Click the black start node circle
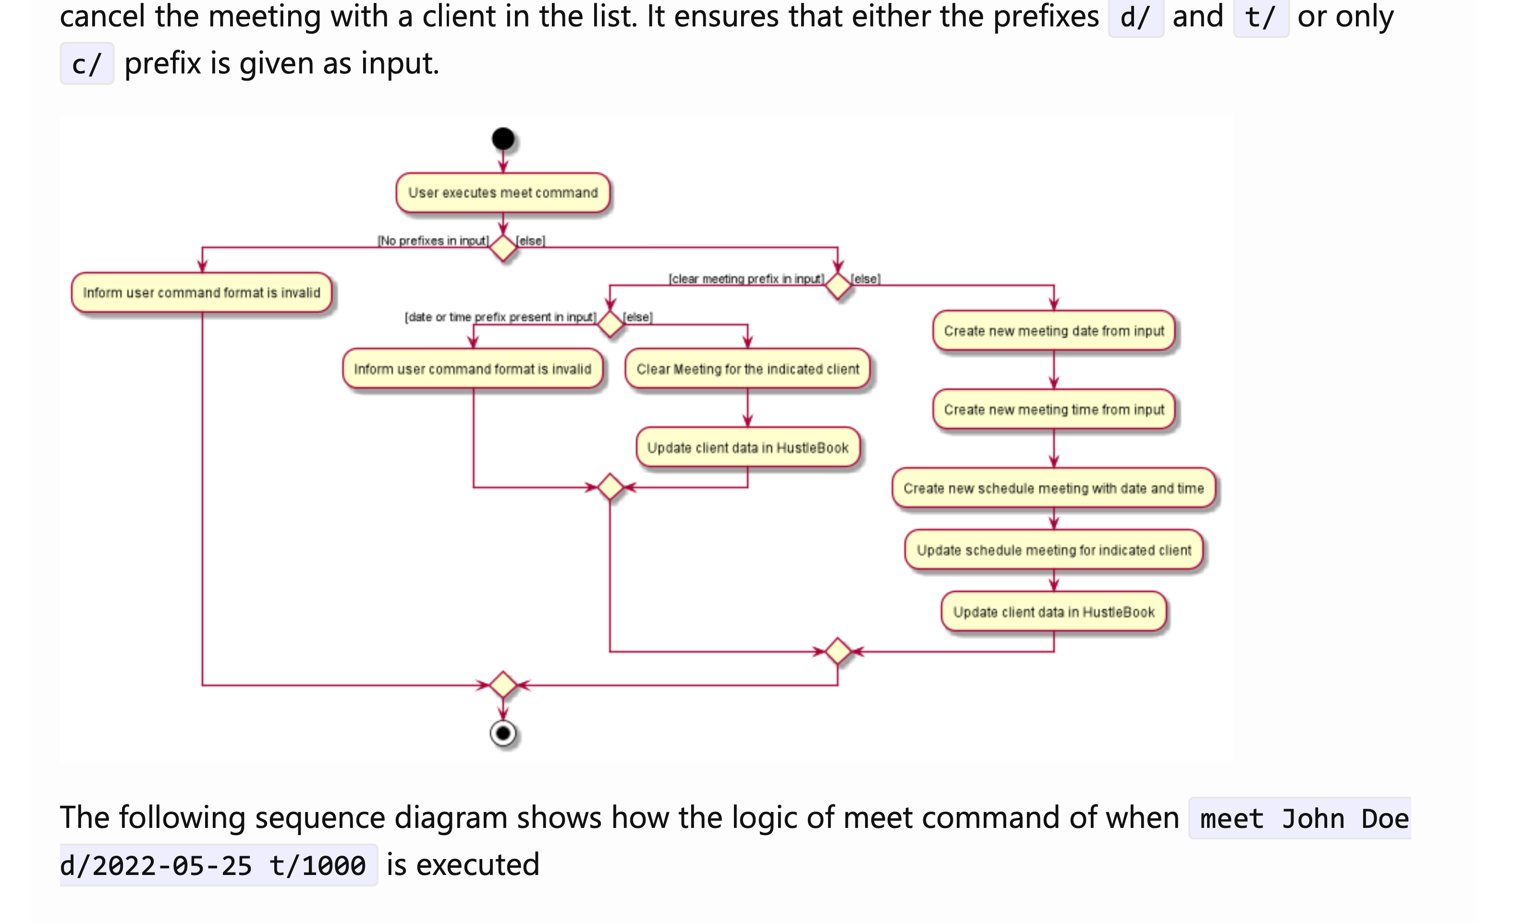[x=503, y=139]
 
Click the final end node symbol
[x=503, y=733]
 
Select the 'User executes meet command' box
[x=503, y=193]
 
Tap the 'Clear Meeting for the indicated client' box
[x=747, y=369]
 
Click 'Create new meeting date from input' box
[x=1054, y=331]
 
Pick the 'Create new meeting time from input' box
[x=1054, y=410]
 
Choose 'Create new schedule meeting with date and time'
[x=1054, y=488]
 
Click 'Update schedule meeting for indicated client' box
[x=1054, y=550]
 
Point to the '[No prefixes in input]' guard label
[x=433, y=241]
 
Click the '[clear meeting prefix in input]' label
[x=746, y=279]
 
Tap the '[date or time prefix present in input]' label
[x=500, y=317]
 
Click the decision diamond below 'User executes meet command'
[x=503, y=248]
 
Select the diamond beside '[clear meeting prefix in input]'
[x=838, y=286]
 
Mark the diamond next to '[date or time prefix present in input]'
[x=610, y=324]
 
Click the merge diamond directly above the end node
[x=503, y=685]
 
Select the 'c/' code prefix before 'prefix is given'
[x=86, y=64]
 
